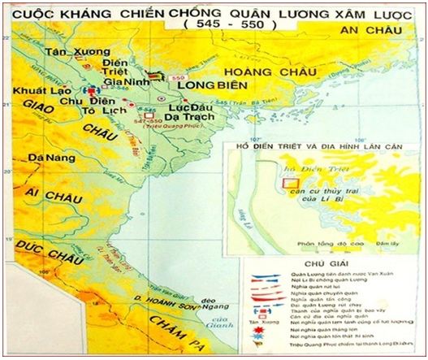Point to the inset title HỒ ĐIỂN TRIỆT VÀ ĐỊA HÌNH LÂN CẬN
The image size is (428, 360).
pyautogui.click(x=316, y=146)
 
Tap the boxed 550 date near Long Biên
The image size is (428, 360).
pyautogui.click(x=180, y=76)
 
